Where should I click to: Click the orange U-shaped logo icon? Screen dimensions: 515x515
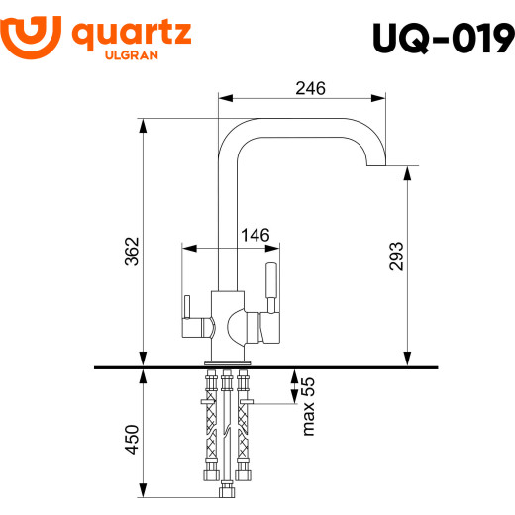(x=34, y=35)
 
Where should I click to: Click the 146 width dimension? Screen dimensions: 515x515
(x=256, y=236)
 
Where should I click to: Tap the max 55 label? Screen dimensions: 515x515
(x=308, y=406)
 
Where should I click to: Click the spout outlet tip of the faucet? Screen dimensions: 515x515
(x=377, y=164)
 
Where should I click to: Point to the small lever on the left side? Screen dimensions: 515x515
(x=185, y=314)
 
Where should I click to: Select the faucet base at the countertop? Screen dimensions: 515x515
(x=228, y=355)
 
